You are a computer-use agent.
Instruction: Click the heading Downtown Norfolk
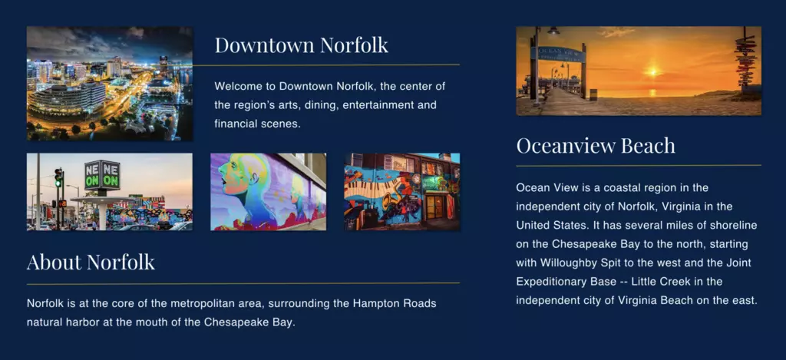point(301,45)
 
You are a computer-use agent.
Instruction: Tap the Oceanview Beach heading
point(596,145)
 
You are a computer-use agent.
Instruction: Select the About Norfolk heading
point(91,262)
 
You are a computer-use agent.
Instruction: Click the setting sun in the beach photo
point(652,72)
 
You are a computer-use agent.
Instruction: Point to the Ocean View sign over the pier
point(561,53)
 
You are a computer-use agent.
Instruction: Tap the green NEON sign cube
point(102,175)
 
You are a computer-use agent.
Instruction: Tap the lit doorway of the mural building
point(434,206)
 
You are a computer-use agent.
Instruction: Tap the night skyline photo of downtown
point(110,83)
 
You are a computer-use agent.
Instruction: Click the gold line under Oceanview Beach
point(639,165)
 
